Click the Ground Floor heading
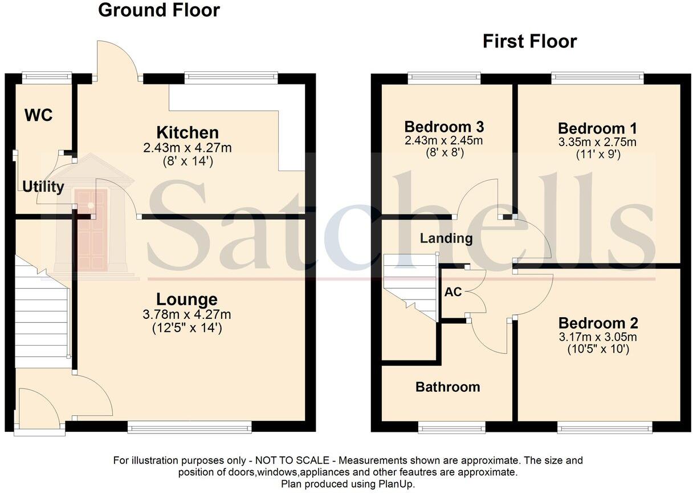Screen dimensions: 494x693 (x=159, y=10)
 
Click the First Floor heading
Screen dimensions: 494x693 (x=529, y=41)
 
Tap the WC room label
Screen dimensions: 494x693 (x=39, y=115)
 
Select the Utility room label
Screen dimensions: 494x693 (x=43, y=187)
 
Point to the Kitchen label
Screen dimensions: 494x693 (x=187, y=133)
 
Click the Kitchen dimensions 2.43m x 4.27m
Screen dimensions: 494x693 (x=187, y=148)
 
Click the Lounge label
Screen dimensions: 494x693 (x=187, y=299)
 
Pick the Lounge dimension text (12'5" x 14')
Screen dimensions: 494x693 (x=187, y=328)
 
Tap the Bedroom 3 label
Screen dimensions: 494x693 (x=444, y=127)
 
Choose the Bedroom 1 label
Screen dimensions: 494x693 (x=597, y=128)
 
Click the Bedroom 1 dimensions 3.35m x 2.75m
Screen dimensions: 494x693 (x=597, y=142)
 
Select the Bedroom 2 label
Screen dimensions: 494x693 (x=598, y=322)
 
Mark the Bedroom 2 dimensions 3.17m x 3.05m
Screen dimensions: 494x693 (x=598, y=337)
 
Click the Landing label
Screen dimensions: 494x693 (x=446, y=238)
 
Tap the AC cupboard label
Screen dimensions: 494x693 (x=453, y=292)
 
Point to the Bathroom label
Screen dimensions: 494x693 (x=447, y=387)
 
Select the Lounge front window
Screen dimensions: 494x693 (x=189, y=427)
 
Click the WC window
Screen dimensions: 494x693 (x=47, y=76)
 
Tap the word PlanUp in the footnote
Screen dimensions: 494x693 (x=396, y=484)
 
